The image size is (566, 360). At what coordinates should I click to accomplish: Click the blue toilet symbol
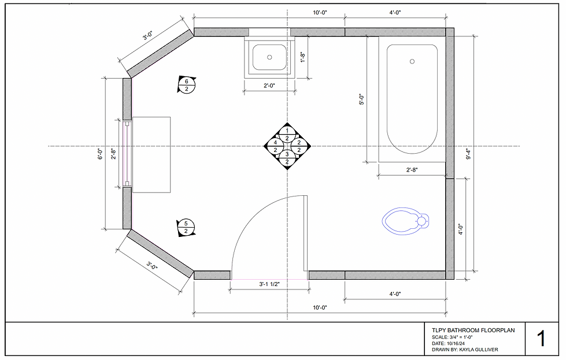tap(405, 221)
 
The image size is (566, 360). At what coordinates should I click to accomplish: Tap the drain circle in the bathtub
tap(412, 61)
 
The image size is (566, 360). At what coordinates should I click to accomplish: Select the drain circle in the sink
tap(269, 57)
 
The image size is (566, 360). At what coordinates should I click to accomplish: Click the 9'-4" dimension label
tap(468, 154)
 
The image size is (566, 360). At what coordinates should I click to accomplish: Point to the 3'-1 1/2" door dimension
tap(269, 284)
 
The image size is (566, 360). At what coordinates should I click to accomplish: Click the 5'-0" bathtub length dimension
tap(362, 99)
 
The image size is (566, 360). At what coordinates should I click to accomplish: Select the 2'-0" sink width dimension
tap(269, 86)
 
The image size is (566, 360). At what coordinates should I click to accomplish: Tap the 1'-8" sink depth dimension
tap(302, 57)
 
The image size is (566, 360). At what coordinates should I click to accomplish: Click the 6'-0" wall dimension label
tap(101, 154)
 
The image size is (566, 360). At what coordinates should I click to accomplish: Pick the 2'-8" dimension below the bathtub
tap(412, 169)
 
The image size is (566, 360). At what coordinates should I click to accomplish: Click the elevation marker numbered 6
tap(187, 85)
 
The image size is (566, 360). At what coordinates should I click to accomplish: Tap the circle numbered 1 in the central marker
tap(287, 131)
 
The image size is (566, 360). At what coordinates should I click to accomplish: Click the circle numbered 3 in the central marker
tap(287, 154)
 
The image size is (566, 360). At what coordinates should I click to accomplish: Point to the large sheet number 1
tap(541, 339)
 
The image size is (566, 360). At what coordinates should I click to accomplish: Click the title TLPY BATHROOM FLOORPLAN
tap(473, 330)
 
